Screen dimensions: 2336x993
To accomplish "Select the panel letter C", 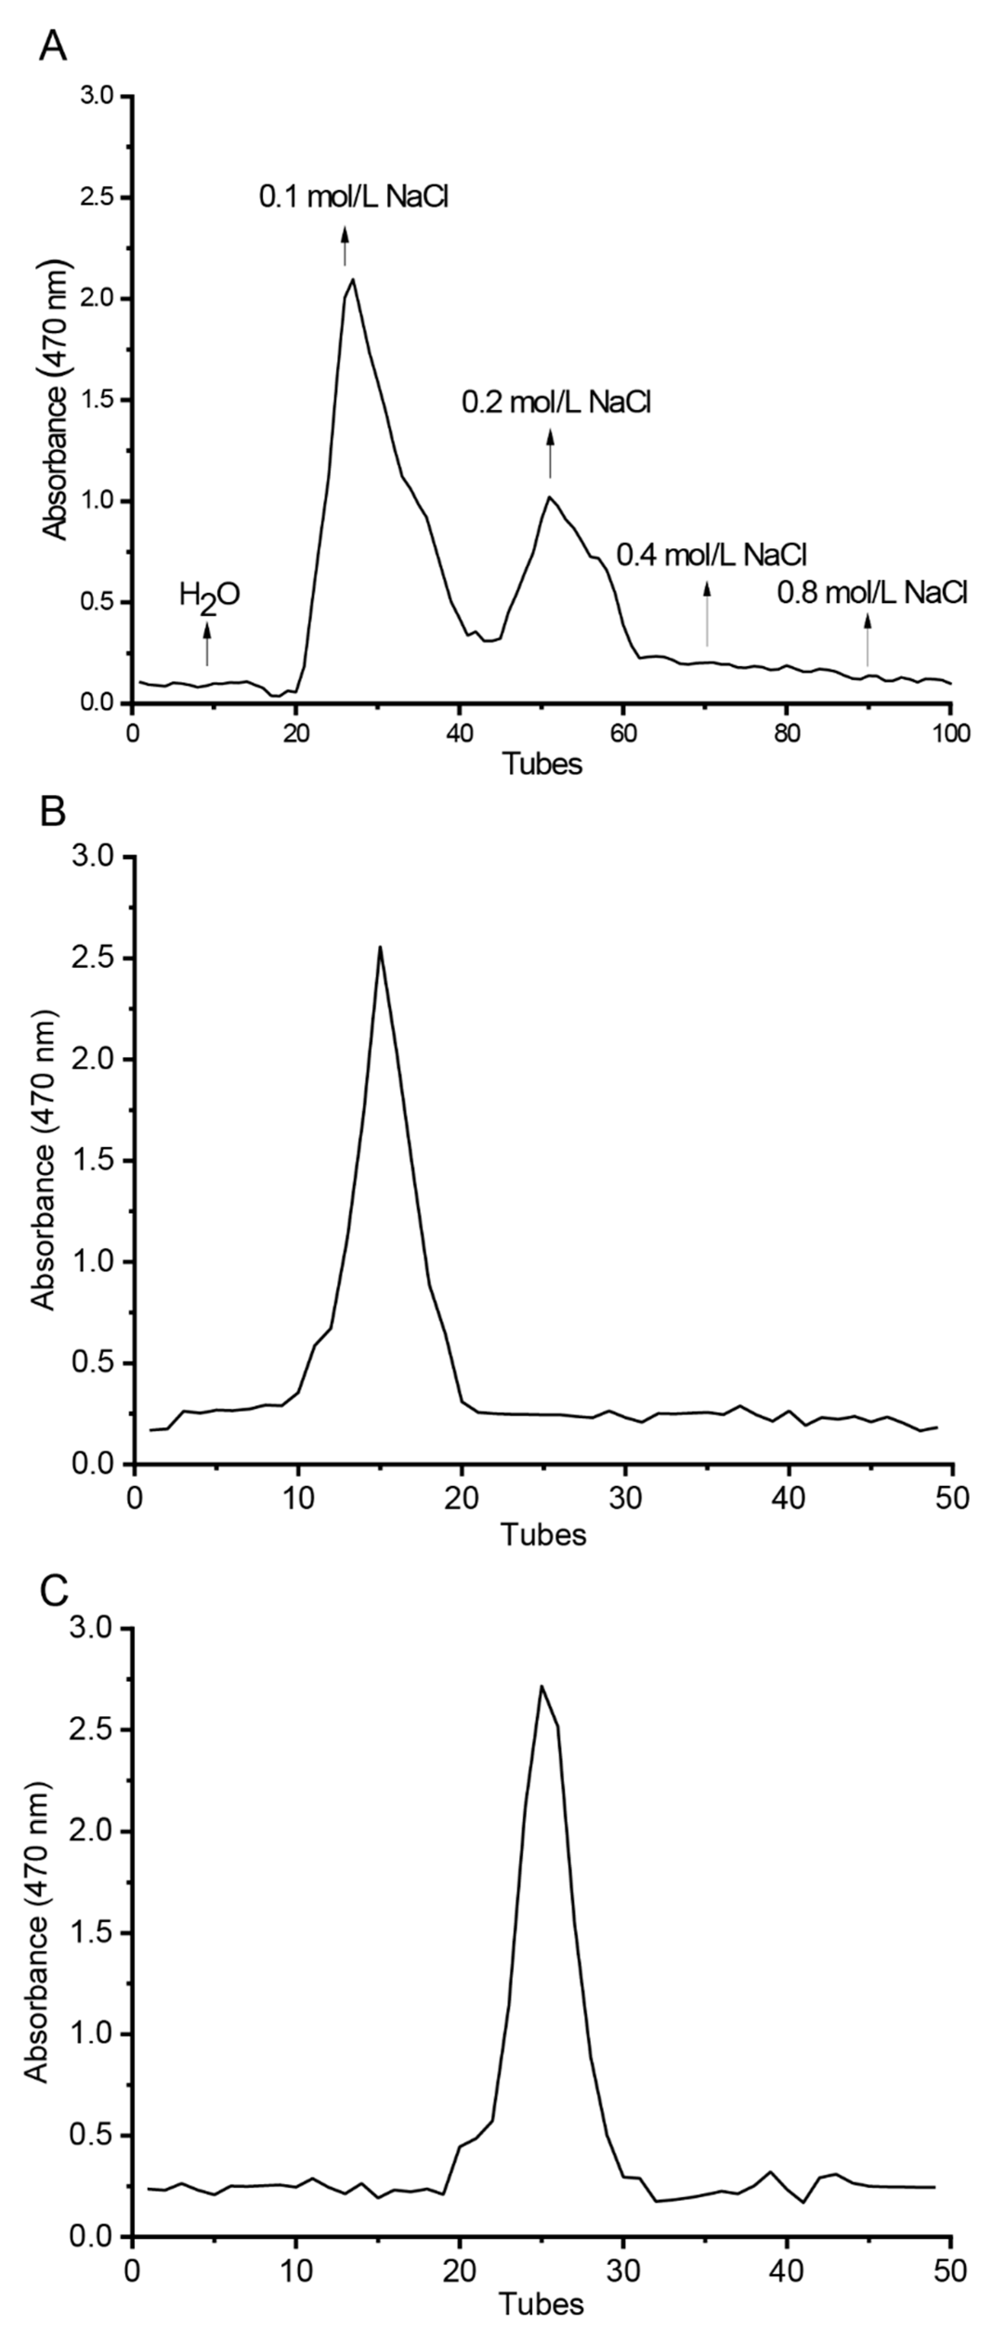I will [54, 1591].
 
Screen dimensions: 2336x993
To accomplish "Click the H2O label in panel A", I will [209, 596].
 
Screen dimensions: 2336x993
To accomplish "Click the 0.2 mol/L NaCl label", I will [556, 402].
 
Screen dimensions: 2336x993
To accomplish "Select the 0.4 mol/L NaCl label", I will [712, 554].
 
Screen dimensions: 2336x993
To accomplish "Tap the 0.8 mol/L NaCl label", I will [872, 594].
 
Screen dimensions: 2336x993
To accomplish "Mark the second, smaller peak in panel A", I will [549, 496].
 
